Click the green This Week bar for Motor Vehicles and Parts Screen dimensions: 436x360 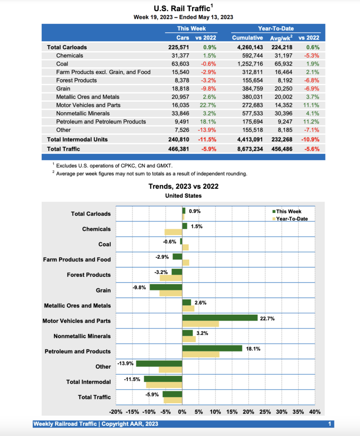[x=219, y=318]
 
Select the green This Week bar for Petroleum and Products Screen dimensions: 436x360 [x=212, y=348]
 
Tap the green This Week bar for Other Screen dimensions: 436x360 [x=159, y=363]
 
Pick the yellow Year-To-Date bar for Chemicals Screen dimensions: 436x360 [x=173, y=232]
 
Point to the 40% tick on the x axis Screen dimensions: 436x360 [x=315, y=412]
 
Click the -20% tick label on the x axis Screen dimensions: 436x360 [x=116, y=412]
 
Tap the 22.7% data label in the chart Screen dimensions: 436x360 [x=267, y=318]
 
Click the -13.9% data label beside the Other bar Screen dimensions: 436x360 [x=125, y=364]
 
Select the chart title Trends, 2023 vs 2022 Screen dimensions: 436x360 [x=183, y=186]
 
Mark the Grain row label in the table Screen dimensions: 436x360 [x=63, y=89]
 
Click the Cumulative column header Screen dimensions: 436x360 [x=247, y=38]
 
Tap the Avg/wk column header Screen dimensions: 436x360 [x=281, y=38]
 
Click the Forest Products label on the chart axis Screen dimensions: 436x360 [x=88, y=275]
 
